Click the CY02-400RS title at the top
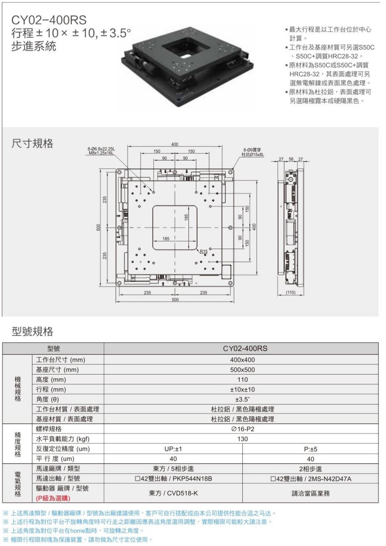49,20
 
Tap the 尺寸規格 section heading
32,143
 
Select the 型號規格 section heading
32,331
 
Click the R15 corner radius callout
204,251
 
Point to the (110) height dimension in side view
290,292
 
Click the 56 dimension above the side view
291,159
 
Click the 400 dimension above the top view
175,144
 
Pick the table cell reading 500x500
242,370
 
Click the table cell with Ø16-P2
242,429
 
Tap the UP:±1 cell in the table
173,449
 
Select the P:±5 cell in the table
310,449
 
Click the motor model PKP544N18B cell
173,479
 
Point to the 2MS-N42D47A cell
310,479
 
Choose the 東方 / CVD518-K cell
173,493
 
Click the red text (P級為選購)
53,498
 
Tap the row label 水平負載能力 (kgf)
63,439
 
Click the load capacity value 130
242,439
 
